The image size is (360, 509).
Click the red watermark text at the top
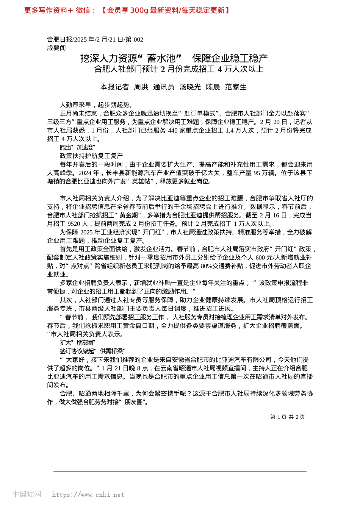127,10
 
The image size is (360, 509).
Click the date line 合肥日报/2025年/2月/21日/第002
95,39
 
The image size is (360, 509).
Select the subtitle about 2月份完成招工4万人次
179,69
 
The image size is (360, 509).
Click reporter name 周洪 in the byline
141,87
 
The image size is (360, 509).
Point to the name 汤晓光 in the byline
190,87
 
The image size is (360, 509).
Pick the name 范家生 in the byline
236,87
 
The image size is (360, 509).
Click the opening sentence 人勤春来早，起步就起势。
97,105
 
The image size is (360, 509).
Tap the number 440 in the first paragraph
172,130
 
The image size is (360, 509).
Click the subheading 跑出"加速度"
78,147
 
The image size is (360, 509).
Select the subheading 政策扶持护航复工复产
91,156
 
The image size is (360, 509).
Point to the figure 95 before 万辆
257,173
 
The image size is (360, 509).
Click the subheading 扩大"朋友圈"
78,342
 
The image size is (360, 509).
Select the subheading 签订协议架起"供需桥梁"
93,351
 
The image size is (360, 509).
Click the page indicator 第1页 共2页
288,417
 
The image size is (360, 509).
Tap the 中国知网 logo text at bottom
27,494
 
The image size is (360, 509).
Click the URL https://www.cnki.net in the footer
88,495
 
